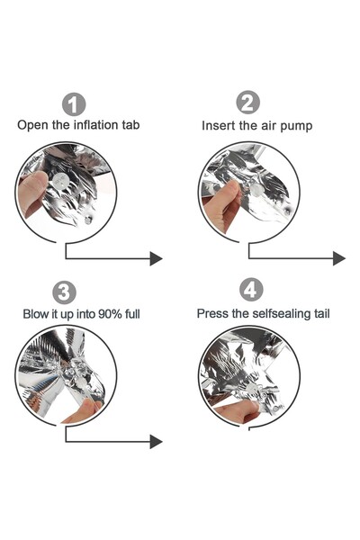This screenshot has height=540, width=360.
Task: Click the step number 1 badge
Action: [74, 104]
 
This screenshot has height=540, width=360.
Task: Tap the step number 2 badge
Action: [247, 103]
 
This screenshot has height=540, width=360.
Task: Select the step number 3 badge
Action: [64, 292]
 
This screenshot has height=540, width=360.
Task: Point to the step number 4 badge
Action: [251, 290]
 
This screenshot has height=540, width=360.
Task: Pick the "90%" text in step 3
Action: [110, 314]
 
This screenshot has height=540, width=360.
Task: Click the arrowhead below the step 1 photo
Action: [156, 258]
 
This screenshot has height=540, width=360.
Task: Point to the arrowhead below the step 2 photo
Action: [339, 258]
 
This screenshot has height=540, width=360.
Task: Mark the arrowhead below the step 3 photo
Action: [156, 442]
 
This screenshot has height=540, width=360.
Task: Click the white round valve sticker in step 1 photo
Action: [60, 180]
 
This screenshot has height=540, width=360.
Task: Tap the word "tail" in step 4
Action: [322, 313]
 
